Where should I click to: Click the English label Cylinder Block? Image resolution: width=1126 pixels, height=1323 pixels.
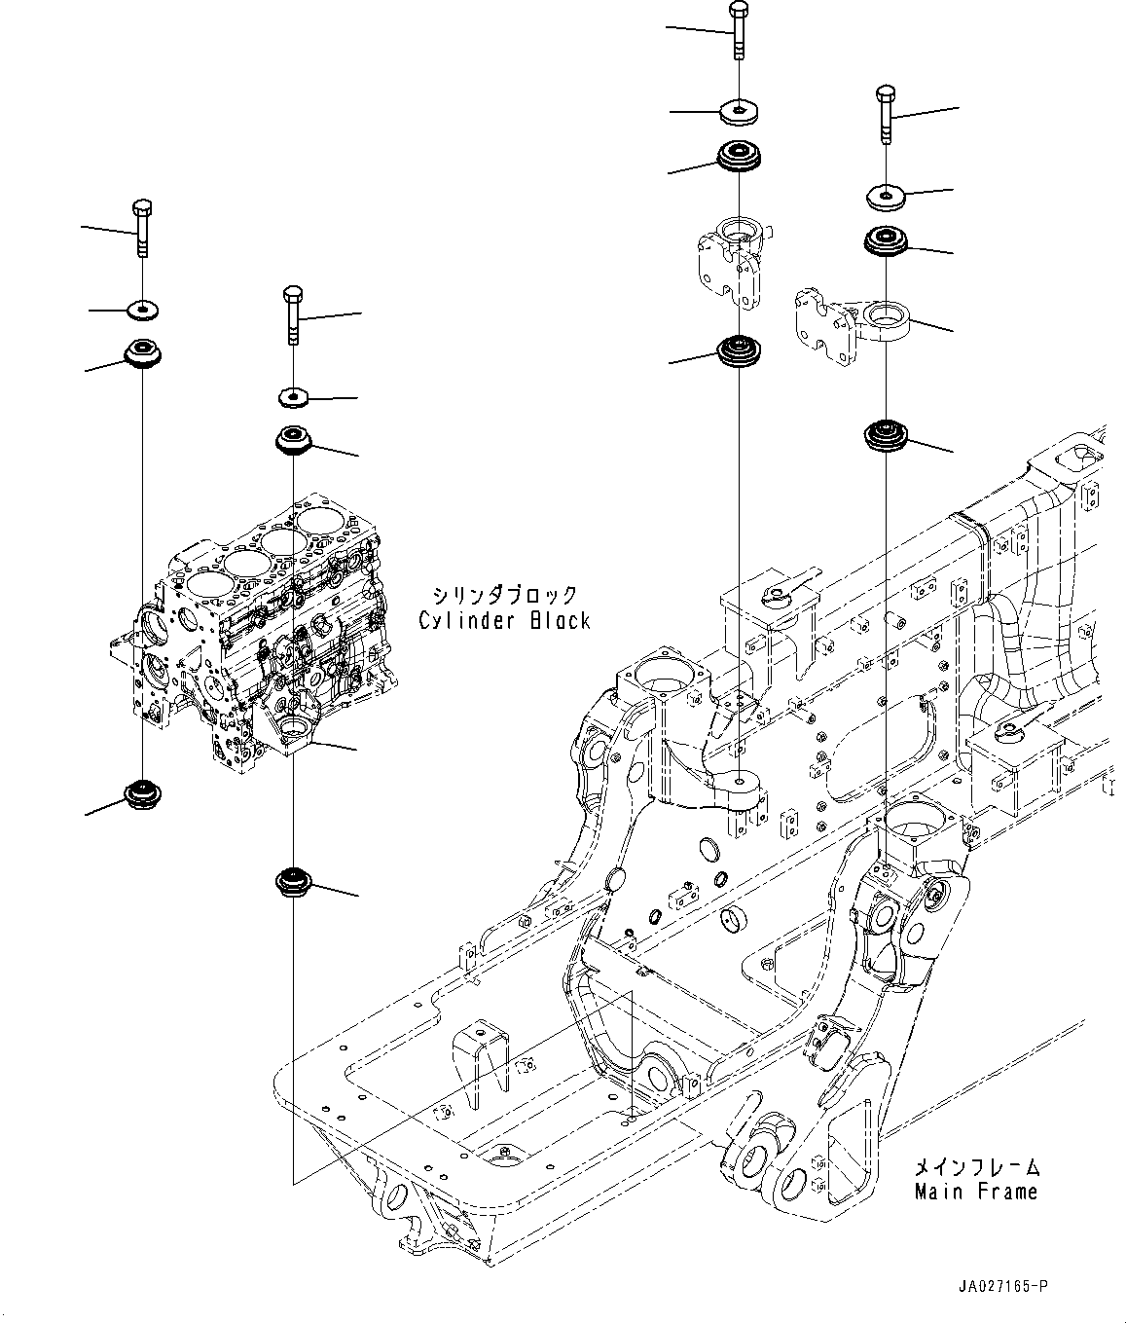pos(504,620)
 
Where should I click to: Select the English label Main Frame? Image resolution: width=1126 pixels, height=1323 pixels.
pos(976,1191)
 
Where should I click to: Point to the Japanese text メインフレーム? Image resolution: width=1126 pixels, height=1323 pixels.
pos(977,1165)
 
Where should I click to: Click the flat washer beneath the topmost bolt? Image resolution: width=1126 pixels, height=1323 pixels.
pos(741,111)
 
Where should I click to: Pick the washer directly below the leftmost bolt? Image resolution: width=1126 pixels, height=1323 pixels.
pos(143,310)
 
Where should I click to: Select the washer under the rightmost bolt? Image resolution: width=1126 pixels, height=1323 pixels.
pos(886,198)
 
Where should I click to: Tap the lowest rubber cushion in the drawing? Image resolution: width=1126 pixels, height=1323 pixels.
pos(293,882)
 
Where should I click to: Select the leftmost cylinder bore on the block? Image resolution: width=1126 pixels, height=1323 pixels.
pos(207,584)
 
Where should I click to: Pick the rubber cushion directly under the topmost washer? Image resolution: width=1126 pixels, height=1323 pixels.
pos(741,159)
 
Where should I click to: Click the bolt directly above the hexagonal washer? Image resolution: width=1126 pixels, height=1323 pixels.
pos(293,314)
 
